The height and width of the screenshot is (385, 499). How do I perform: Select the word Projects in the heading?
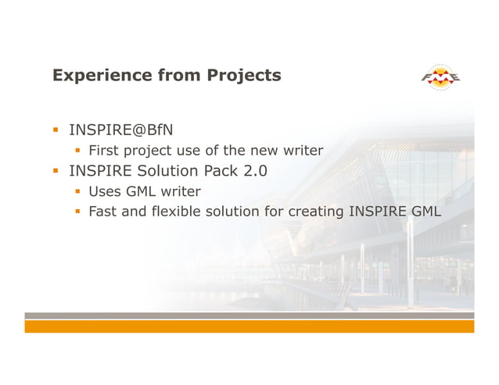[244, 76]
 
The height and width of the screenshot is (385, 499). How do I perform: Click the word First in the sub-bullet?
[103, 151]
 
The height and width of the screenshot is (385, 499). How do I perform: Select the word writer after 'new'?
[303, 151]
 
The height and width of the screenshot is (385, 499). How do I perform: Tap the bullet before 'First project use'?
[77, 151]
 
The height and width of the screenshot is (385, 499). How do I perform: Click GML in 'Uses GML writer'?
[142, 191]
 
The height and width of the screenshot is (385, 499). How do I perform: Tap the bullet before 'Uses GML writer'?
[77, 191]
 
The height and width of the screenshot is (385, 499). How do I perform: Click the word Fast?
[103, 212]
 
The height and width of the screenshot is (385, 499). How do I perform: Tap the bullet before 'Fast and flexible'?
[77, 212]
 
